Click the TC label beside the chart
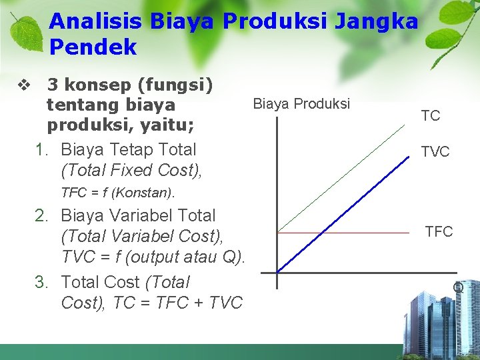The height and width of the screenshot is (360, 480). tap(431, 116)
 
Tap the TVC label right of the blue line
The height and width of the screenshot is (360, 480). tap(435, 151)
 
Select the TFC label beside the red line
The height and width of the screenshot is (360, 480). tap(439, 231)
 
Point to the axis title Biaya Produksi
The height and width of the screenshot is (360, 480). tap(301, 104)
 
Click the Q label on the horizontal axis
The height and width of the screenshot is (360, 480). tap(458, 287)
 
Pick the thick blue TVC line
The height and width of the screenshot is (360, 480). tap(343, 214)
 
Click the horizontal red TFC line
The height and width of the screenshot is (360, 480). tap(343, 233)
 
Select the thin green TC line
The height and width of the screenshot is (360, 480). tap(341, 179)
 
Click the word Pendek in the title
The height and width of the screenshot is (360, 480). tap(93, 47)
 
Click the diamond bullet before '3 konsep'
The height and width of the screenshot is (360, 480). tap(24, 85)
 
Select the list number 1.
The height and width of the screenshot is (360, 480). tap(41, 150)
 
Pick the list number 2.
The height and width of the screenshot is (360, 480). tap(41, 215)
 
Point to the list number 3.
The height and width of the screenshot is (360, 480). tap(41, 282)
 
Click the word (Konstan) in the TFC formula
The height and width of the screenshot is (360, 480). tap(142, 193)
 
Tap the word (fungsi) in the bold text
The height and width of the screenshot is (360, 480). tap(175, 85)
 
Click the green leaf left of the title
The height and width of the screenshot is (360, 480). tap(26, 33)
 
